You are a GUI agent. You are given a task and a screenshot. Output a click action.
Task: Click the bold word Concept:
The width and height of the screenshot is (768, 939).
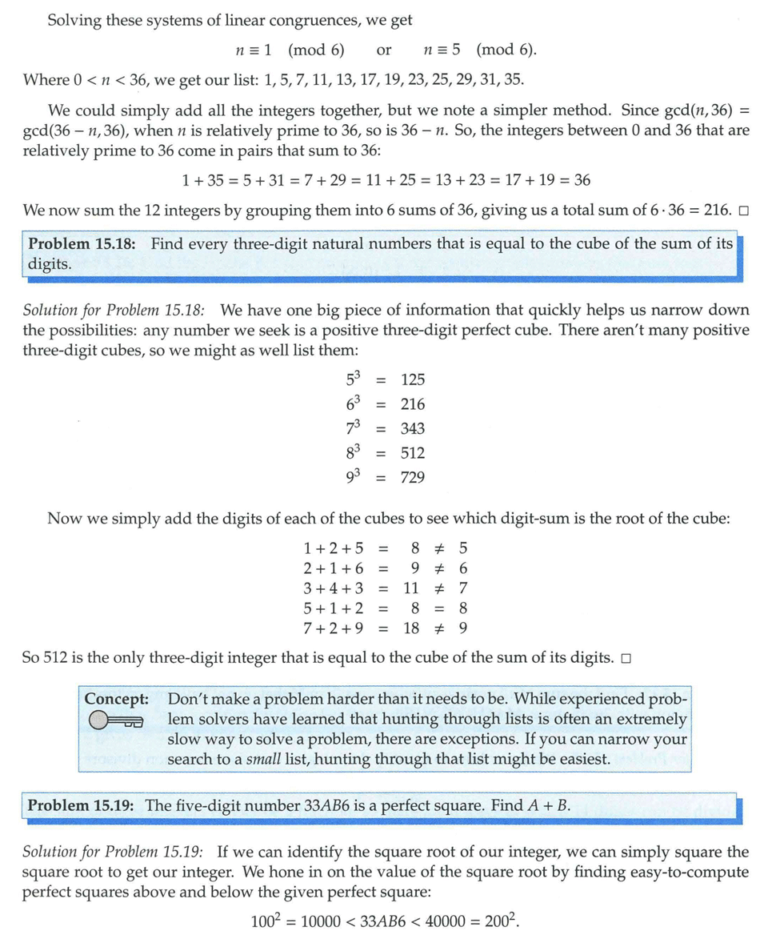pyautogui.click(x=117, y=698)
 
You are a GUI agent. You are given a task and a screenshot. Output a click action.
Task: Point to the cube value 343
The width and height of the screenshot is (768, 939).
pyautogui.click(x=413, y=428)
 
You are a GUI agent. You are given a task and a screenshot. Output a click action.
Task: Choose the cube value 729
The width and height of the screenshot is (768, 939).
pyautogui.click(x=413, y=478)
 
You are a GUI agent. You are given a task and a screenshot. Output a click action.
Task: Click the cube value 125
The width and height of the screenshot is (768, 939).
pyautogui.click(x=413, y=379)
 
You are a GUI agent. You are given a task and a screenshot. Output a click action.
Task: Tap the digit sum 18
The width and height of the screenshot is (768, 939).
pyautogui.click(x=411, y=628)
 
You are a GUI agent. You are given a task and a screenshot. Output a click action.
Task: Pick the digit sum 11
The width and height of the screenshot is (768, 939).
pyautogui.click(x=411, y=588)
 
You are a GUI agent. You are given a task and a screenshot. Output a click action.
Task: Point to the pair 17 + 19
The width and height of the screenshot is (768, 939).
pyautogui.click(x=525, y=181)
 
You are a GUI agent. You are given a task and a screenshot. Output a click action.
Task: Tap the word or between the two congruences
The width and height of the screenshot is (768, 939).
pyautogui.click(x=384, y=50)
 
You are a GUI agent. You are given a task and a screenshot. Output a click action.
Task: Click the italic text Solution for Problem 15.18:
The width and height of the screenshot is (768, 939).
pyautogui.click(x=114, y=310)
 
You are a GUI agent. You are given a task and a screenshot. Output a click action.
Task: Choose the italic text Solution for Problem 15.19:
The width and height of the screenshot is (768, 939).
pyautogui.click(x=114, y=851)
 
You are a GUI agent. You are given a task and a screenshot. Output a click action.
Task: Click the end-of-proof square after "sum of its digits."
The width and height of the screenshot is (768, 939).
pyautogui.click(x=626, y=659)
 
